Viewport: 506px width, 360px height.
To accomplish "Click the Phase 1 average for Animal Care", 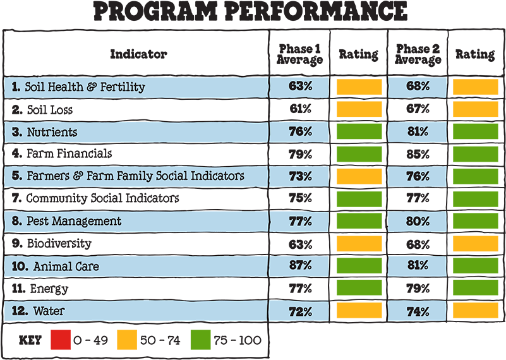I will point(300,266).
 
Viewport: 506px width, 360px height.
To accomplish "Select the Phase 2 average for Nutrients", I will point(418,132).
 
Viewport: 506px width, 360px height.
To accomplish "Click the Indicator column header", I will point(138,54).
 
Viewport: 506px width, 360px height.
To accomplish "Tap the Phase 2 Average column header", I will point(418,54).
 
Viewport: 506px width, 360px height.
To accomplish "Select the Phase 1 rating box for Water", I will point(359,311).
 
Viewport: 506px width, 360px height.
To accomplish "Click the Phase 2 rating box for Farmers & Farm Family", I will point(476,176).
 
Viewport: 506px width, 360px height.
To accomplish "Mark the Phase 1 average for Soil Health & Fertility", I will point(300,87).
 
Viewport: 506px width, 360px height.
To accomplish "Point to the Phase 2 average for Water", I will point(418,311).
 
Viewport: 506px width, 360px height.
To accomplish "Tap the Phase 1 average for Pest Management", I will point(300,221).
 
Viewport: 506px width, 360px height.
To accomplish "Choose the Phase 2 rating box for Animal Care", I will point(476,266).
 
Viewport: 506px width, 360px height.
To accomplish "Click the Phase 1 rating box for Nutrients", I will point(359,132).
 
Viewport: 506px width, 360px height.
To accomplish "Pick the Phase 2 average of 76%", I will point(418,176).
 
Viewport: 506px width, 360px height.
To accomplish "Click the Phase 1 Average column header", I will point(300,54).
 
